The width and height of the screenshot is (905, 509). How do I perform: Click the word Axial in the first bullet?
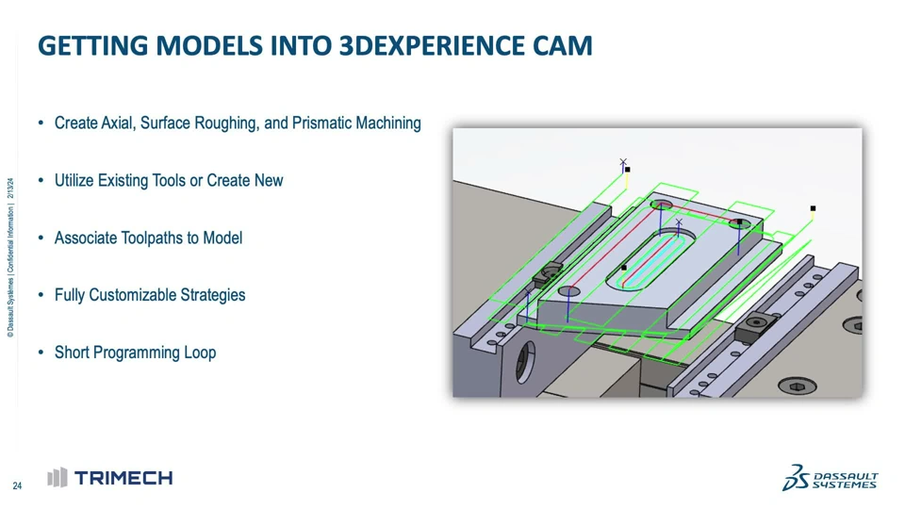tap(119, 123)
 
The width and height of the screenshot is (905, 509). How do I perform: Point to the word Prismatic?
tap(321, 123)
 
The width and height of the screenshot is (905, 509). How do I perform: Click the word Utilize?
tap(74, 181)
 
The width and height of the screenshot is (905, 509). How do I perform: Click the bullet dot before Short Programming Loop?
tap(41, 352)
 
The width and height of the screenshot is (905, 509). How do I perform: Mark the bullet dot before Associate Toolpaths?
tap(41, 238)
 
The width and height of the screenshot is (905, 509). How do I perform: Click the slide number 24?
tap(17, 486)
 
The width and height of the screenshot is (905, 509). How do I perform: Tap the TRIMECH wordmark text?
tap(123, 478)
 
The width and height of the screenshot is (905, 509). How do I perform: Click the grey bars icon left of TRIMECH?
tap(58, 477)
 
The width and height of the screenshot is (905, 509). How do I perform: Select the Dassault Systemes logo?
tap(831, 478)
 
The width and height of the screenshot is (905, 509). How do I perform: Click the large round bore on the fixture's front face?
tap(525, 362)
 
